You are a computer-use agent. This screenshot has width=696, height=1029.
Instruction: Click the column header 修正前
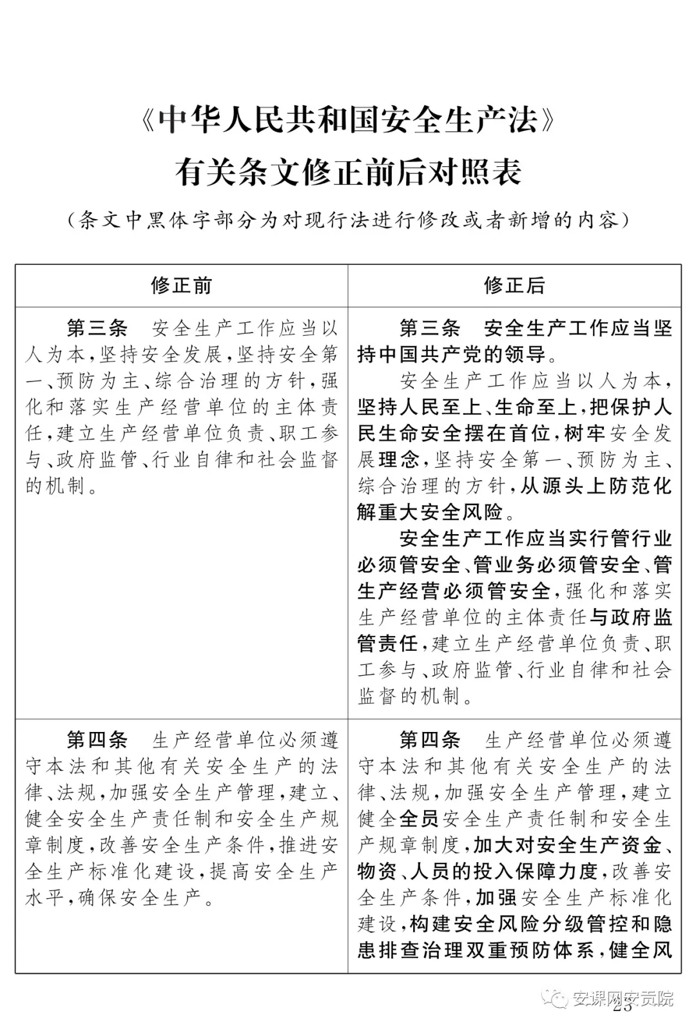[181, 285]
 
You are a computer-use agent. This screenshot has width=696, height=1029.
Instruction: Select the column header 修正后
[514, 285]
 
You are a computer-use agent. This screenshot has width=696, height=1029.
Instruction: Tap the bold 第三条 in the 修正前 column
[97, 329]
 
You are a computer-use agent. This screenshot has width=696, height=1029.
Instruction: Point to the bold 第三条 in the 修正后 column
[430, 329]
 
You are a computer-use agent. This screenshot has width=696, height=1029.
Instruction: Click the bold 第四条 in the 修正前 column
[97, 740]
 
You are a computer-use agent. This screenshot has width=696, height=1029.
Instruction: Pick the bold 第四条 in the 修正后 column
[430, 740]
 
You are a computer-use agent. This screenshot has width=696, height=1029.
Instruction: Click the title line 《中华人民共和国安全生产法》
[348, 120]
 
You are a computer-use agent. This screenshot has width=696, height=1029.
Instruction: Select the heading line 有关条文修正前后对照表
[348, 172]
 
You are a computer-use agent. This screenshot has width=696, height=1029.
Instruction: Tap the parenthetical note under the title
[348, 220]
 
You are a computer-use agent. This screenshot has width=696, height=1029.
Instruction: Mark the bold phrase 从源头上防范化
[596, 486]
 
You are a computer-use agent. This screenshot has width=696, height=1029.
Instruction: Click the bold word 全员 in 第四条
[419, 819]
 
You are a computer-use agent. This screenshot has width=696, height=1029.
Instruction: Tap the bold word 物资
[377, 872]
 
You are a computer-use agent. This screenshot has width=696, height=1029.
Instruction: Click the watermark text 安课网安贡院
[623, 999]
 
